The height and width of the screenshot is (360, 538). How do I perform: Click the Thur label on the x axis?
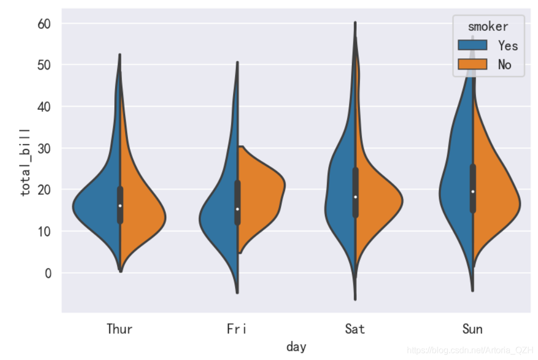point(119,329)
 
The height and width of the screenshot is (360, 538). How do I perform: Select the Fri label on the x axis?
point(237,329)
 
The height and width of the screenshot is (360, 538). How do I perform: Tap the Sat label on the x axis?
point(355,329)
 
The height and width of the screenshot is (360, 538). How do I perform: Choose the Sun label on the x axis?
point(472,329)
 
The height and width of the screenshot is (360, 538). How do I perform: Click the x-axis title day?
point(296,347)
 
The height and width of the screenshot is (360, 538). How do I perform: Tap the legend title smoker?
point(488,26)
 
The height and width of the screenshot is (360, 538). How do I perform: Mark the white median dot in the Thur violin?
point(120,206)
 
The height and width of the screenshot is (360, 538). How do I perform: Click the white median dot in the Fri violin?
point(237,209)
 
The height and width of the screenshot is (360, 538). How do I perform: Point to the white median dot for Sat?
point(355,197)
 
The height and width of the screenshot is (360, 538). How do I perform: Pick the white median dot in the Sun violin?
point(473,192)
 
